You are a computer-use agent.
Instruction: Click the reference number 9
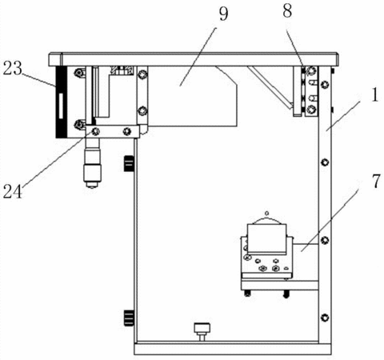click(223, 14)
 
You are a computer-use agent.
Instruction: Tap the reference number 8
click(287, 11)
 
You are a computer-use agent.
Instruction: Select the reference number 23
click(13, 69)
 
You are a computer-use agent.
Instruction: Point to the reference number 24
click(13, 191)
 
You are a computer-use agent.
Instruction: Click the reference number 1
click(374, 95)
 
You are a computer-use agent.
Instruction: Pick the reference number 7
click(376, 182)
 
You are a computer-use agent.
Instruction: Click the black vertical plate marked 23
click(61, 102)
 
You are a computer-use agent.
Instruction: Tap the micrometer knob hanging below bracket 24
click(92, 163)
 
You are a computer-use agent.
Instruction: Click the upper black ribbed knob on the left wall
click(129, 163)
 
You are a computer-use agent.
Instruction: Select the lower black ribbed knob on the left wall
click(129, 318)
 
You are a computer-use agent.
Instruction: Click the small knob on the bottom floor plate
click(202, 331)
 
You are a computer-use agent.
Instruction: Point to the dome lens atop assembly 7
click(266, 221)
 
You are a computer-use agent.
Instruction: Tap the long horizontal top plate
click(194, 59)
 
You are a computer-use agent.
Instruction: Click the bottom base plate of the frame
click(233, 349)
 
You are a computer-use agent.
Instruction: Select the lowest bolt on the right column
click(325, 318)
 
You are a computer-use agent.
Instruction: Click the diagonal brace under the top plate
click(270, 88)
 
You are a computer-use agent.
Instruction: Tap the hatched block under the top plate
click(122, 70)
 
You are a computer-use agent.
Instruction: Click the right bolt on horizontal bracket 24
click(126, 131)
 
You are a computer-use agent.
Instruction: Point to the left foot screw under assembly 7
click(248, 293)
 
